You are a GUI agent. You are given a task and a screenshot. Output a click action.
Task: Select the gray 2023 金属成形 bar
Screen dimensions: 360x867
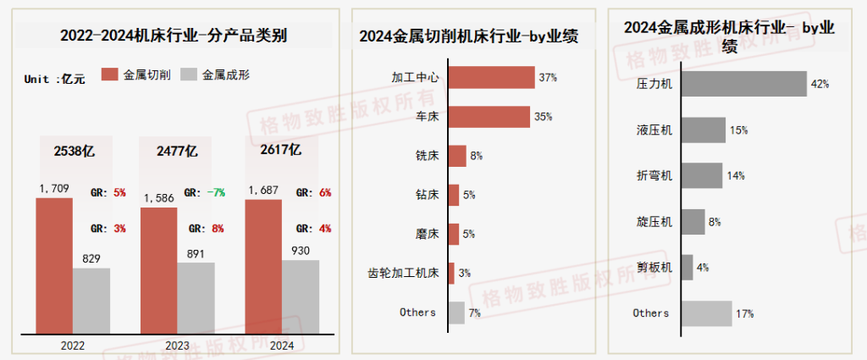tap(196, 298)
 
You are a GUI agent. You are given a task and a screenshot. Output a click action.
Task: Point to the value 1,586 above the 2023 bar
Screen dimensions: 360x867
tap(158, 198)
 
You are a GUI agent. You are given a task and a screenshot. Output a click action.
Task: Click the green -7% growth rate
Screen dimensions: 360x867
tap(216, 192)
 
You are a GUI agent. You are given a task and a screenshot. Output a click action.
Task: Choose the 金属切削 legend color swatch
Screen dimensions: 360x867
tap(109, 75)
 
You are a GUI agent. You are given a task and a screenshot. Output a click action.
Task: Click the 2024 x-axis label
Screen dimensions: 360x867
tap(281, 346)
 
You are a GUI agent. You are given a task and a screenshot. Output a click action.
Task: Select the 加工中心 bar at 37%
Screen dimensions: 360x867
tap(491, 77)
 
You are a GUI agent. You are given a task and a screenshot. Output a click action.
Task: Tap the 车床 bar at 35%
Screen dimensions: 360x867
tap(489, 117)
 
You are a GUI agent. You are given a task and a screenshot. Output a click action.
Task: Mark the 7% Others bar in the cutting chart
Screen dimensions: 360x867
tap(456, 313)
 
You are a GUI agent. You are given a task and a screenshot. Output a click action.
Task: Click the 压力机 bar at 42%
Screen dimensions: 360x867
tap(743, 84)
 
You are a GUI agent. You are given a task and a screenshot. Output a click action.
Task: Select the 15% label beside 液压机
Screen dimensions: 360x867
tap(738, 130)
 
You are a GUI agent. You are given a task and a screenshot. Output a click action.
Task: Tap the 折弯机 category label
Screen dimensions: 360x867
tap(654, 176)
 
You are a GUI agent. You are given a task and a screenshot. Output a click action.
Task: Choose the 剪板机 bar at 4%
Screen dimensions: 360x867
tap(687, 268)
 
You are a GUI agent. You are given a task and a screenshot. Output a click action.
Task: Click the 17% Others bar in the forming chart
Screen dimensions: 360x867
tap(706, 313)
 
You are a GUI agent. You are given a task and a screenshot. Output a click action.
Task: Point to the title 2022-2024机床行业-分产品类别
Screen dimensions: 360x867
tap(174, 36)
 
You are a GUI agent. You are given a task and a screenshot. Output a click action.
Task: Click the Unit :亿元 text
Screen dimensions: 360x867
tap(55, 79)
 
